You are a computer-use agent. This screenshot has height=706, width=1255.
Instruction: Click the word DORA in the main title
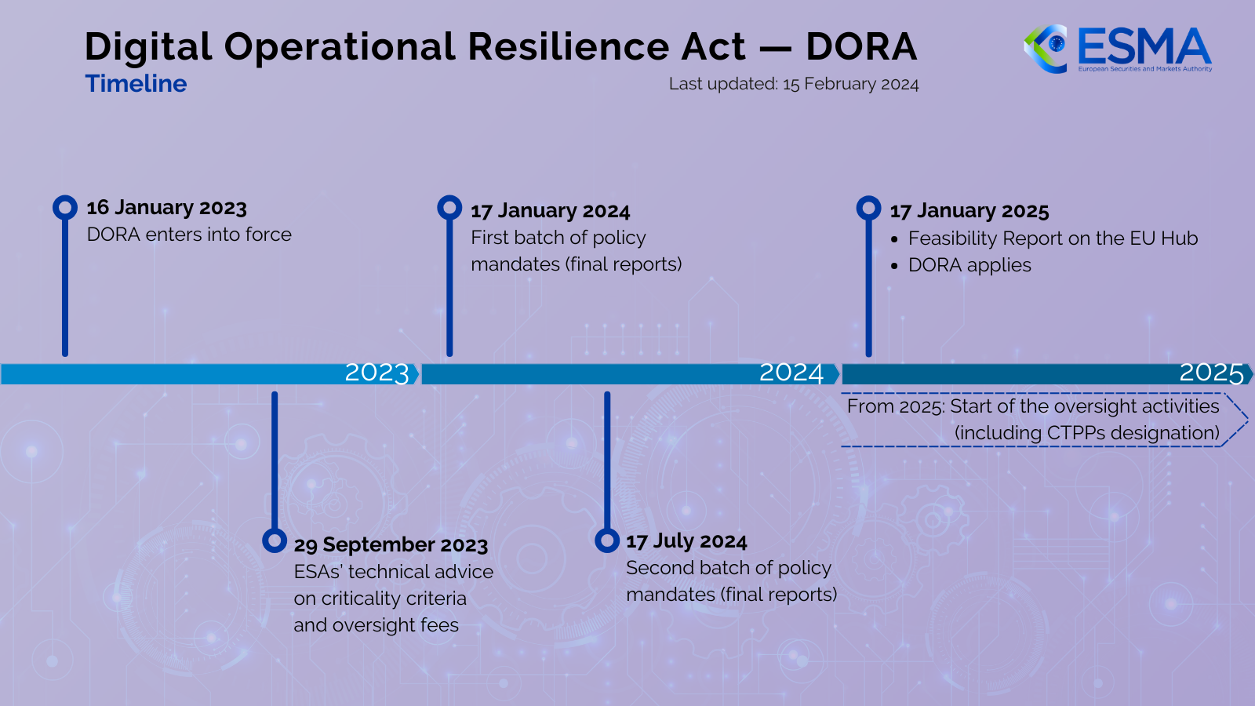coord(861,47)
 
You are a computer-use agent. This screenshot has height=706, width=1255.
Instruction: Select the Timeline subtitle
coord(136,84)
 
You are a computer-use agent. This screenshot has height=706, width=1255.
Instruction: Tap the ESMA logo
coord(1118,49)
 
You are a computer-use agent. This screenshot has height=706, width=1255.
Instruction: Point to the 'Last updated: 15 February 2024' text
coord(793,84)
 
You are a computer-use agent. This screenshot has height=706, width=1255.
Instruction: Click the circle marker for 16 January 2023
coord(65,207)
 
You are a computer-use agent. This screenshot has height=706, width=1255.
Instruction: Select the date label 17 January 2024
coord(550,211)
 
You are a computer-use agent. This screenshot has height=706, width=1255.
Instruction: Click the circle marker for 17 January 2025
coord(868,208)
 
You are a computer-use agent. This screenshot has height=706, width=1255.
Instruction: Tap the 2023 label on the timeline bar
coord(376,373)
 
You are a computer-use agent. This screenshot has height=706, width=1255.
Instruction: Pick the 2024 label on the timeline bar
coord(791,373)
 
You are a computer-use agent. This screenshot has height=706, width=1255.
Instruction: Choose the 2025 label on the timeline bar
coord(1211,373)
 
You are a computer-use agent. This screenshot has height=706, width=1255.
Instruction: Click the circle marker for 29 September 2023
coord(275,540)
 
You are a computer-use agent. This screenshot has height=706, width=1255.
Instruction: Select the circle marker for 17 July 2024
coord(607,540)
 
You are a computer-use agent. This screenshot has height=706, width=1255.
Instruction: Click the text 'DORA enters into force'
coord(189,235)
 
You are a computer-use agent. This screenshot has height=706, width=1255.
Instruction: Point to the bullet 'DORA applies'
coord(969,265)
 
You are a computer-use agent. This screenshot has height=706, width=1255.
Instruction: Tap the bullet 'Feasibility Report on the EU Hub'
coord(1053,238)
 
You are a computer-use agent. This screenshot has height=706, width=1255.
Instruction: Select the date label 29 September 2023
coord(391,545)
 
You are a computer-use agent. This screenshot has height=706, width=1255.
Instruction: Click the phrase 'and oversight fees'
coord(376,625)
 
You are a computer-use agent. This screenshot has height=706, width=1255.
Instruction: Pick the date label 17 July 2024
coord(686,541)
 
